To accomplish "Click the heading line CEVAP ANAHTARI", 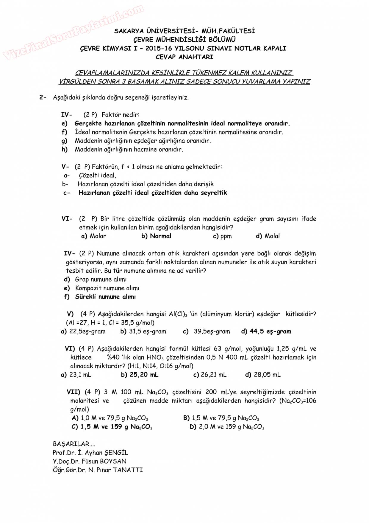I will point(184,57).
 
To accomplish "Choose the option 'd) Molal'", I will point(268,236).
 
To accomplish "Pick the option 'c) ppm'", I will point(222,236).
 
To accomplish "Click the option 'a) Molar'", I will point(94,236).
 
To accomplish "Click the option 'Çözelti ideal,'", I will point(97,175).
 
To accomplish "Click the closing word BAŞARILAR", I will point(71,444).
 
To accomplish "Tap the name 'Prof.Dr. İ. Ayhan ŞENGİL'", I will point(90,453).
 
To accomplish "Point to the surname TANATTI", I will point(128,470).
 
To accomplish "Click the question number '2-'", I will point(43,97).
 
